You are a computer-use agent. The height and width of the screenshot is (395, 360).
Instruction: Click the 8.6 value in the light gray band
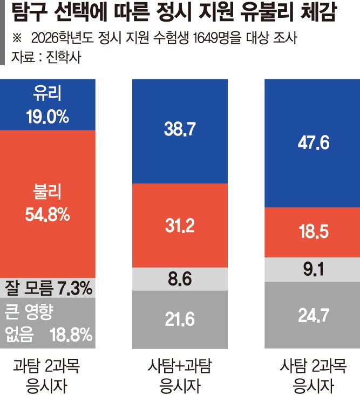[x=179, y=279]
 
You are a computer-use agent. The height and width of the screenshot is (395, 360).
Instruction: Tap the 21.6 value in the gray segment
[x=179, y=319]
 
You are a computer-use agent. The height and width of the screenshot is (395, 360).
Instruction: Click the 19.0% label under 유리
[x=47, y=116]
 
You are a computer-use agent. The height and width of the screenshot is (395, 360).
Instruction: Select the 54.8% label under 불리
[x=47, y=215]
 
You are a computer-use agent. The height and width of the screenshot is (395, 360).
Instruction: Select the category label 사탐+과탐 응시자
[x=179, y=377]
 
